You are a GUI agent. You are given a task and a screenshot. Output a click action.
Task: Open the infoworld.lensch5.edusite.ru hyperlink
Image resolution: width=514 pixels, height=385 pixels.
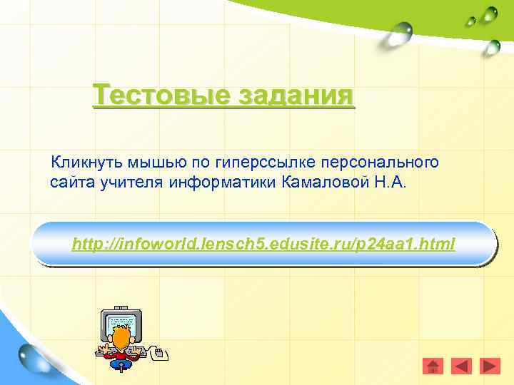tap(263, 245)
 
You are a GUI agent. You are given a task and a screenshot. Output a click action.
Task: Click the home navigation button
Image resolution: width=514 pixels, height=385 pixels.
tap(433, 366)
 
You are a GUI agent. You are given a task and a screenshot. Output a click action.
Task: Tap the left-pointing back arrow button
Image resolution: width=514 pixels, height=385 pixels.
tap(462, 366)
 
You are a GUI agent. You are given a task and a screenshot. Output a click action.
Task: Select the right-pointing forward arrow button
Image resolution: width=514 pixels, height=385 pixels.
tap(490, 366)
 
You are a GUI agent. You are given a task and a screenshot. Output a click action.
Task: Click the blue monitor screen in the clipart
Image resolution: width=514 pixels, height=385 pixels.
tap(122, 320)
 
